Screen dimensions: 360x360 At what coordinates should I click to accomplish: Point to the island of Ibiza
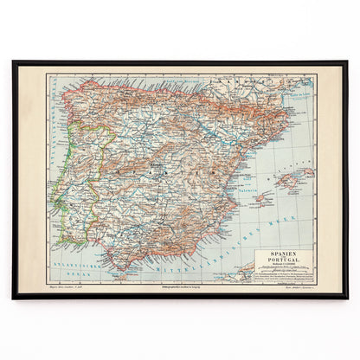coord(260,198)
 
